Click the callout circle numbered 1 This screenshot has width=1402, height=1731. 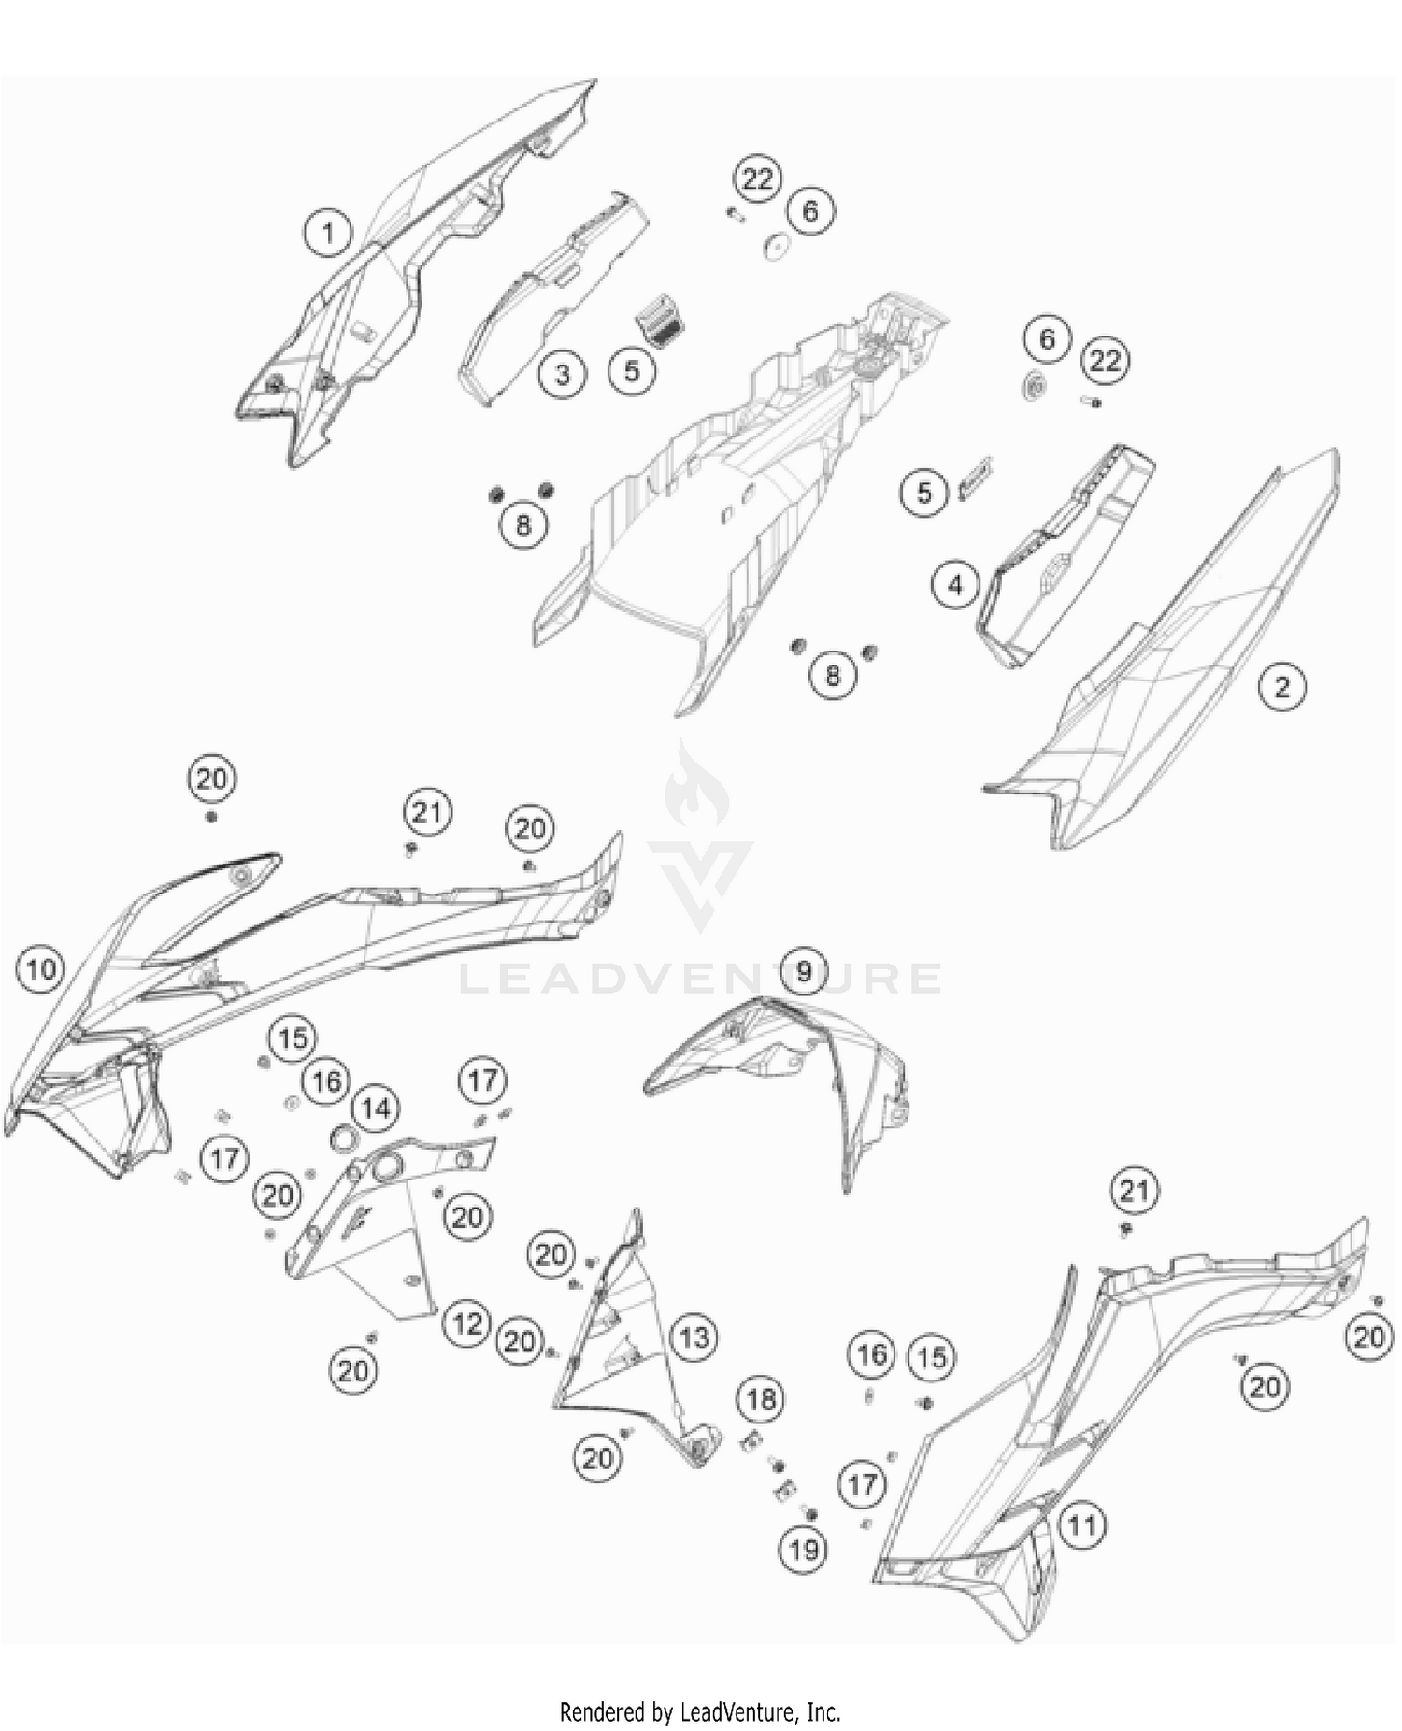point(327,233)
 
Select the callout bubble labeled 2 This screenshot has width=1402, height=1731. point(1281,687)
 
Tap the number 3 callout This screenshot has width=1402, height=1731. point(563,375)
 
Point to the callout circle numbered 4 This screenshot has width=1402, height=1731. point(955,586)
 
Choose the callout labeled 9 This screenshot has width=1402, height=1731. point(805,971)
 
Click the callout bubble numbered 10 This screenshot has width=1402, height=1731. point(41,970)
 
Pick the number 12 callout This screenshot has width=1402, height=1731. point(466,1323)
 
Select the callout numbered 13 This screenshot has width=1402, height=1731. point(694,1338)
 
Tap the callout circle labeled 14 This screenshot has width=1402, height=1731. point(376,1109)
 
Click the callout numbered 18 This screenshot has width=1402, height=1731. point(761,1399)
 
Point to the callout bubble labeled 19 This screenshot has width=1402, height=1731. point(804,1551)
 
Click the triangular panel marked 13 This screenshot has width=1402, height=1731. point(636,1346)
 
